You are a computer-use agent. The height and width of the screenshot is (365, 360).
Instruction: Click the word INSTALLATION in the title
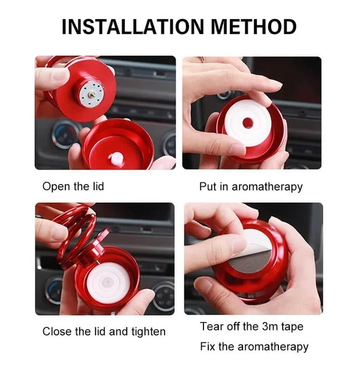[128, 27]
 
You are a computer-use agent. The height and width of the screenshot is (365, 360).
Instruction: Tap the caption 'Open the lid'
[73, 186]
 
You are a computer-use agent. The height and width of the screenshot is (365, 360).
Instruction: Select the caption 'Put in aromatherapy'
[251, 186]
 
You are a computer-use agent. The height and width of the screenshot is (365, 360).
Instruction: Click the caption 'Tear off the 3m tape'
[251, 327]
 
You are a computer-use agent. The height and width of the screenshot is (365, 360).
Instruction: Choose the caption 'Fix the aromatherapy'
[254, 346]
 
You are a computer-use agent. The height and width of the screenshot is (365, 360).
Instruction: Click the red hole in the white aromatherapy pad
[247, 123]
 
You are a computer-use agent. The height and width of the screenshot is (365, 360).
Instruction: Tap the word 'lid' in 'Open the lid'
[96, 186]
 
